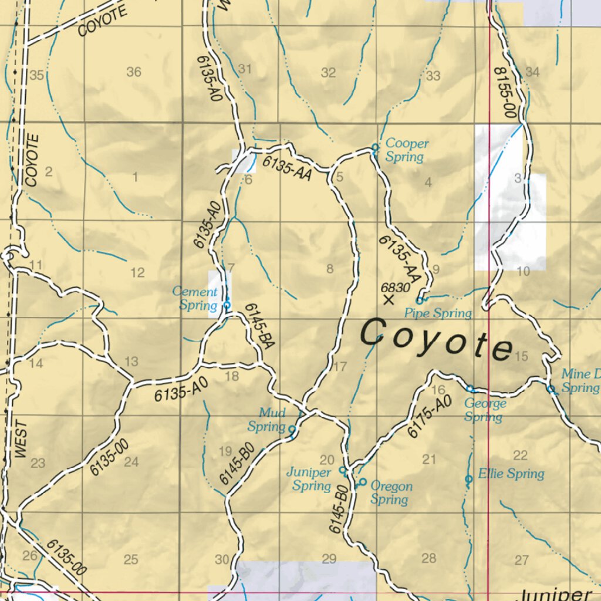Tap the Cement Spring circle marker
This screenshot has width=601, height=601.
tap(227, 305)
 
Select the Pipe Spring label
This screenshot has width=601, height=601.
tap(438, 313)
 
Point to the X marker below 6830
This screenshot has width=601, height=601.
tap(388, 300)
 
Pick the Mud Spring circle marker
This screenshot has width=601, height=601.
tap(292, 429)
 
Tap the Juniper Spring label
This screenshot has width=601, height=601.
tap(309, 479)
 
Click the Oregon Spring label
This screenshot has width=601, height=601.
tap(391, 493)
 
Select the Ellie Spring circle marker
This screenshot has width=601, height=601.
tap(468, 480)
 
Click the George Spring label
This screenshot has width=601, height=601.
tap(484, 410)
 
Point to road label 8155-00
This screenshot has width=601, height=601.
tap(504, 92)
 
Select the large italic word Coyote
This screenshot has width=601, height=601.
tap(435, 340)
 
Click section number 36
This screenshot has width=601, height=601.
tap(134, 72)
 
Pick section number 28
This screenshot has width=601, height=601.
tap(429, 558)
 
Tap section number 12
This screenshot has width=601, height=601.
tap(137, 273)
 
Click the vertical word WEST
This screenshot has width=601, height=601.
tap(21, 439)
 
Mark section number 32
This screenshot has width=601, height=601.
tap(328, 73)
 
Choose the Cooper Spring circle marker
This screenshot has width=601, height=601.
tap(375, 147)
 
